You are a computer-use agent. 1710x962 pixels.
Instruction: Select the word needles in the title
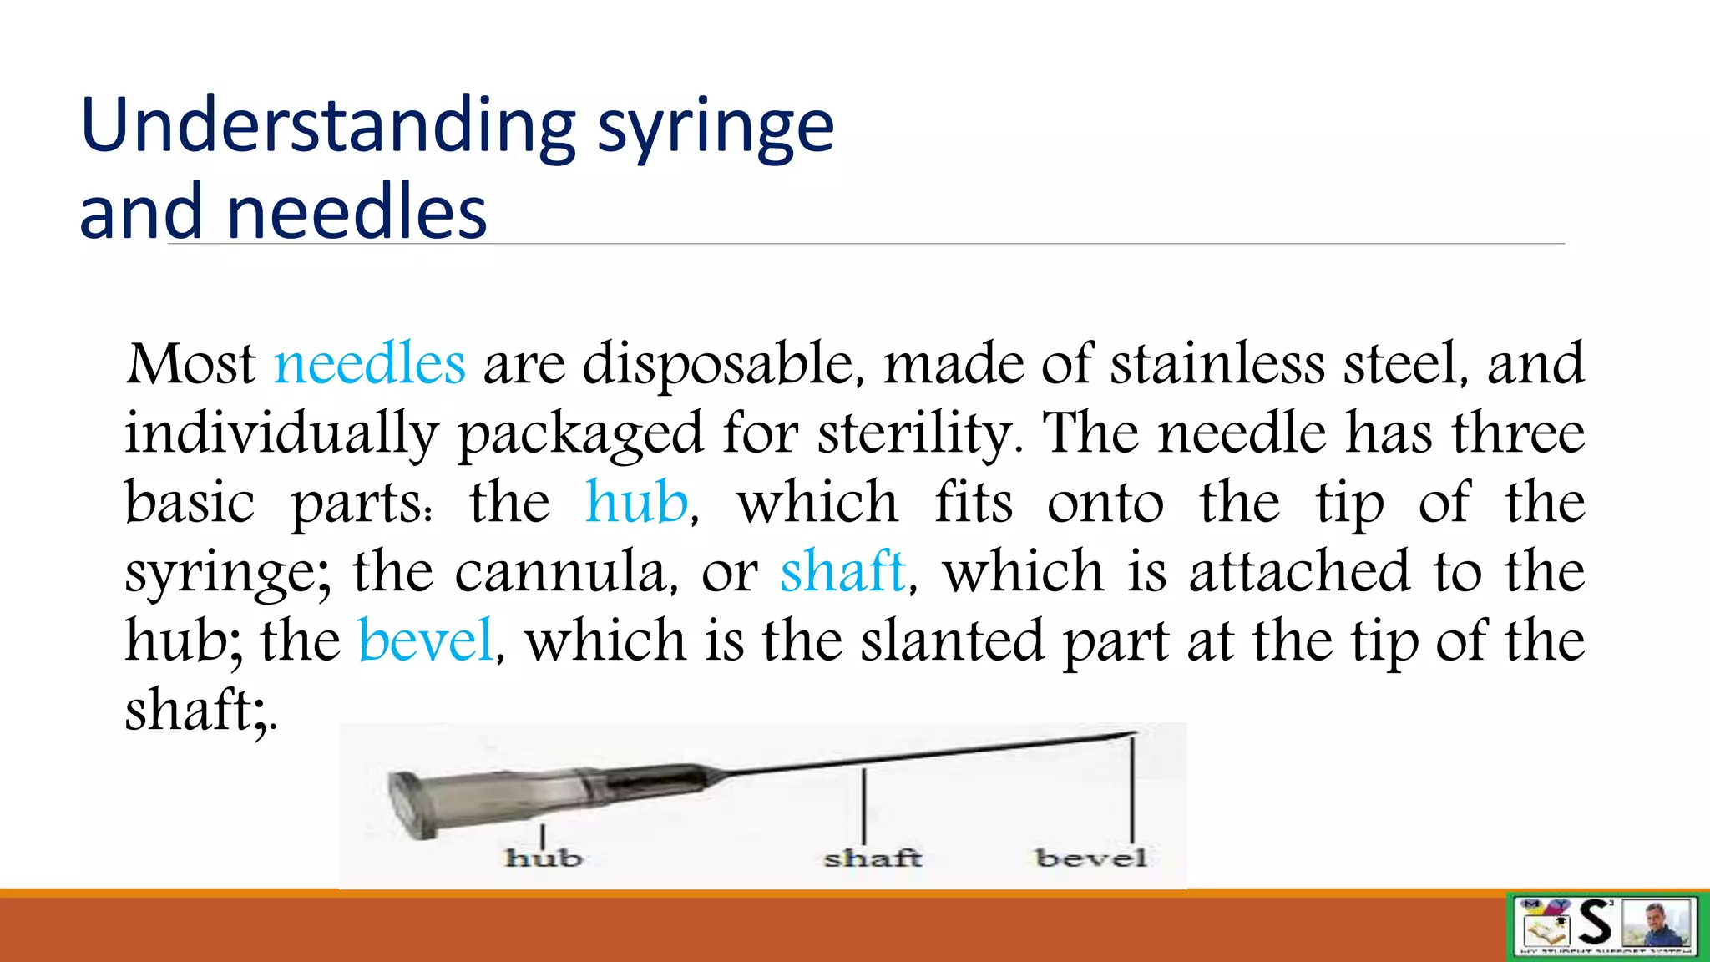click(357, 213)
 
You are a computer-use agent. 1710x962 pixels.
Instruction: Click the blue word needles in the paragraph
click(369, 364)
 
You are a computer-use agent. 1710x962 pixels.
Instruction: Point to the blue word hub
click(637, 503)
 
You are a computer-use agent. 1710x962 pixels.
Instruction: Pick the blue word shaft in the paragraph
click(842, 572)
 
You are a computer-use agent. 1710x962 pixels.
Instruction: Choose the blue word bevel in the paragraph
click(426, 640)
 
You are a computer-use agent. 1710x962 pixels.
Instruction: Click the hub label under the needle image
click(543, 858)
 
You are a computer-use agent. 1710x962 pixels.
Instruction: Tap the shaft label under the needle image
click(873, 858)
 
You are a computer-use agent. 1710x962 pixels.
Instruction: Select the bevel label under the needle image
click(1090, 858)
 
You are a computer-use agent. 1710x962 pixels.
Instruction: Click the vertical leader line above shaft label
click(863, 806)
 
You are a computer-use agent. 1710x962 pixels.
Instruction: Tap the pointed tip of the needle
click(1134, 733)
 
